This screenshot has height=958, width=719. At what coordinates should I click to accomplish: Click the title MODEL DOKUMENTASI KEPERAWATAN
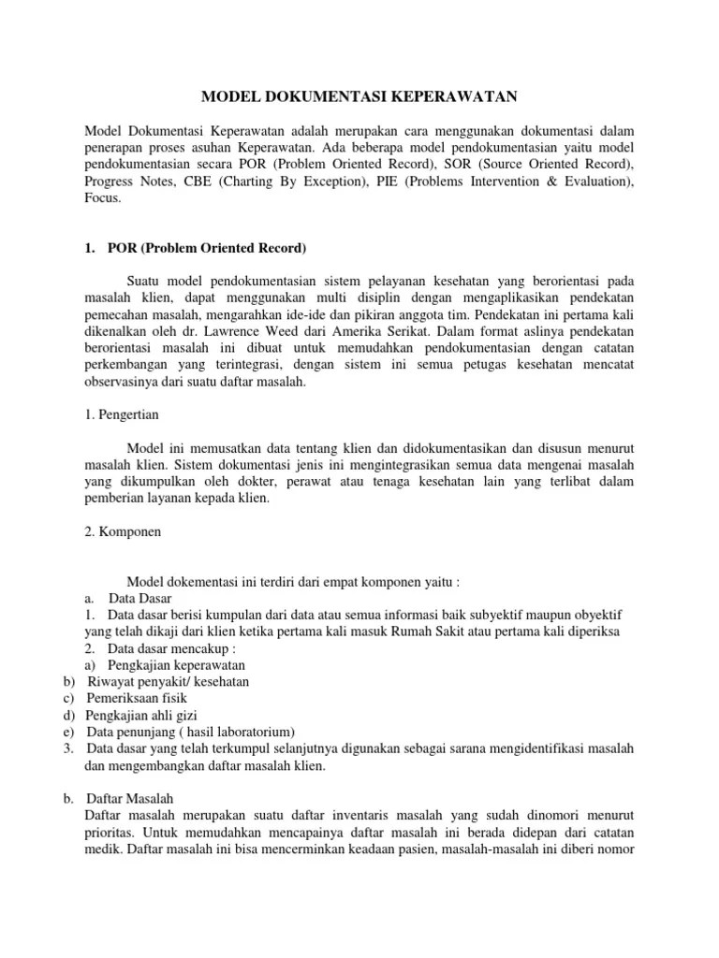tap(359, 96)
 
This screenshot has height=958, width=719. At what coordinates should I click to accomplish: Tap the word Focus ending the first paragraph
tap(102, 198)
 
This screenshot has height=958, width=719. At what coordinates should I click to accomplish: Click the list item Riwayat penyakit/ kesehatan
tap(168, 681)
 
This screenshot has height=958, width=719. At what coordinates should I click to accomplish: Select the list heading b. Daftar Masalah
tap(136, 798)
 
